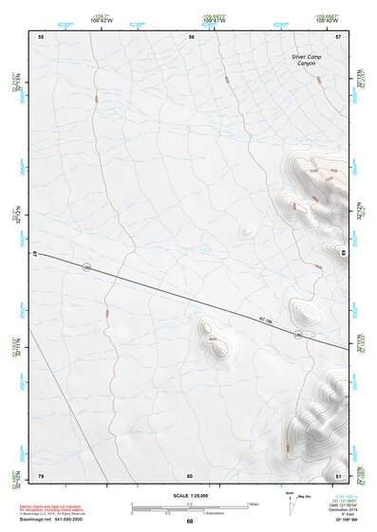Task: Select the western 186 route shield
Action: tap(86, 268)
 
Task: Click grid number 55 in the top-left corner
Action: tap(41, 36)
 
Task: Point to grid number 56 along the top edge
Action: tap(192, 36)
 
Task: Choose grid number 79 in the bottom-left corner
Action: tap(41, 474)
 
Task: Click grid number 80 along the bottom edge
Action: tap(190, 474)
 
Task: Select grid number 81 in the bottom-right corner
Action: tap(338, 474)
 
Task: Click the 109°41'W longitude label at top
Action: tap(215, 20)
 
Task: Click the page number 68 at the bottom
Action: tap(189, 522)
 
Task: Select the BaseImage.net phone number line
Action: tap(55, 520)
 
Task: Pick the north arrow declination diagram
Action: tap(290, 499)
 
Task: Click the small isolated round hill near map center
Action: tap(247, 230)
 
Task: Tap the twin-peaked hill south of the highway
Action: tap(214, 339)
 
